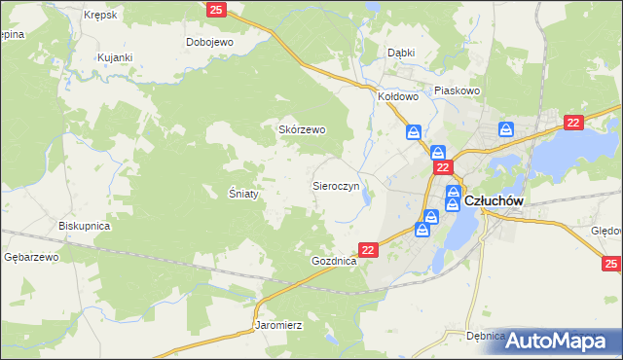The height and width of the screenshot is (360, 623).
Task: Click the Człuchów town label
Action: (495, 200)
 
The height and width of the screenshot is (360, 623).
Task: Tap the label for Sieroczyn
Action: (336, 184)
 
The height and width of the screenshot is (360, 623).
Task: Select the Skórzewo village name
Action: (302, 129)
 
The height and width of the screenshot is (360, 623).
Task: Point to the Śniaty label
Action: (243, 194)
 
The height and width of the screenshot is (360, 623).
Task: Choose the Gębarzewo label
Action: (31, 257)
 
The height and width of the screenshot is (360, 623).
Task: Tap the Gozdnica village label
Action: (335, 263)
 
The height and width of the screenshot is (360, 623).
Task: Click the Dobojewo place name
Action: (211, 43)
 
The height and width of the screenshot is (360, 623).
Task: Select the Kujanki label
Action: (114, 57)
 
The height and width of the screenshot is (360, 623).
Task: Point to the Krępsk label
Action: (100, 17)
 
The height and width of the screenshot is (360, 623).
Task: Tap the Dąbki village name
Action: (401, 53)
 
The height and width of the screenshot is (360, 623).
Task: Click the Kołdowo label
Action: (397, 97)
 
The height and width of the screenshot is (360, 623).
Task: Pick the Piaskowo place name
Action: (458, 90)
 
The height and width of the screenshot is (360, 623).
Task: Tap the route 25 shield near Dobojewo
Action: (217, 9)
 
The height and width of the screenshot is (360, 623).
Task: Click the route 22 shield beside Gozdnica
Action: (367, 250)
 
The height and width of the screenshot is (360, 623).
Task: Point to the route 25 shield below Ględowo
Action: (611, 264)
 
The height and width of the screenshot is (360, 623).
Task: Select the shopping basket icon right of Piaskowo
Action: (506, 129)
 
